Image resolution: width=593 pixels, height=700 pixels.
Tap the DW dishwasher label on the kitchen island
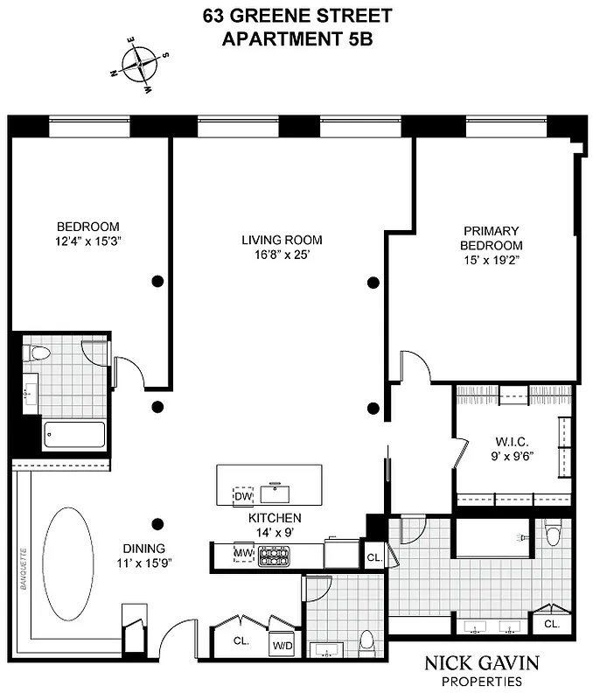click(243, 497)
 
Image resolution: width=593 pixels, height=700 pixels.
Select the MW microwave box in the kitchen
click(242, 554)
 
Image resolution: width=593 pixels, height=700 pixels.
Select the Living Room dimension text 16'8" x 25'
click(282, 255)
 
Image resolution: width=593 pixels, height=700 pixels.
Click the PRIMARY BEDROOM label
click(492, 238)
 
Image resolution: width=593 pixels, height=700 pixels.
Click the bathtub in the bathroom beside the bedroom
click(74, 435)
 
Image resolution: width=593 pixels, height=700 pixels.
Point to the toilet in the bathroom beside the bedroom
click(38, 353)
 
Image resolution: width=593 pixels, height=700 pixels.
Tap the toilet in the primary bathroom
click(553, 533)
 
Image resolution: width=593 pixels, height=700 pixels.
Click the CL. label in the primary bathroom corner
click(552, 624)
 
